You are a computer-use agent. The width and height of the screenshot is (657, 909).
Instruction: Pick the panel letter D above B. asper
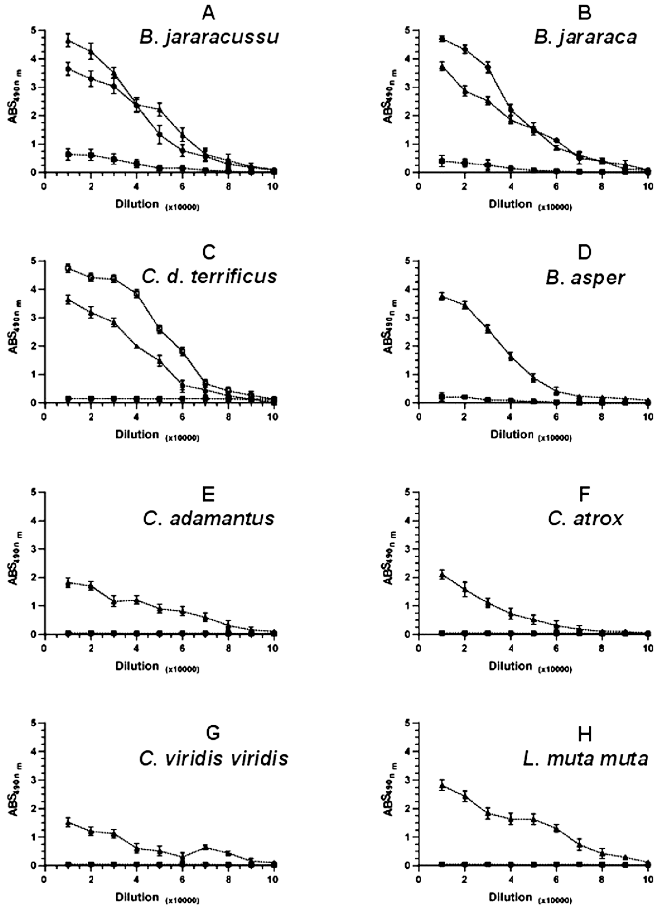click(585, 252)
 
